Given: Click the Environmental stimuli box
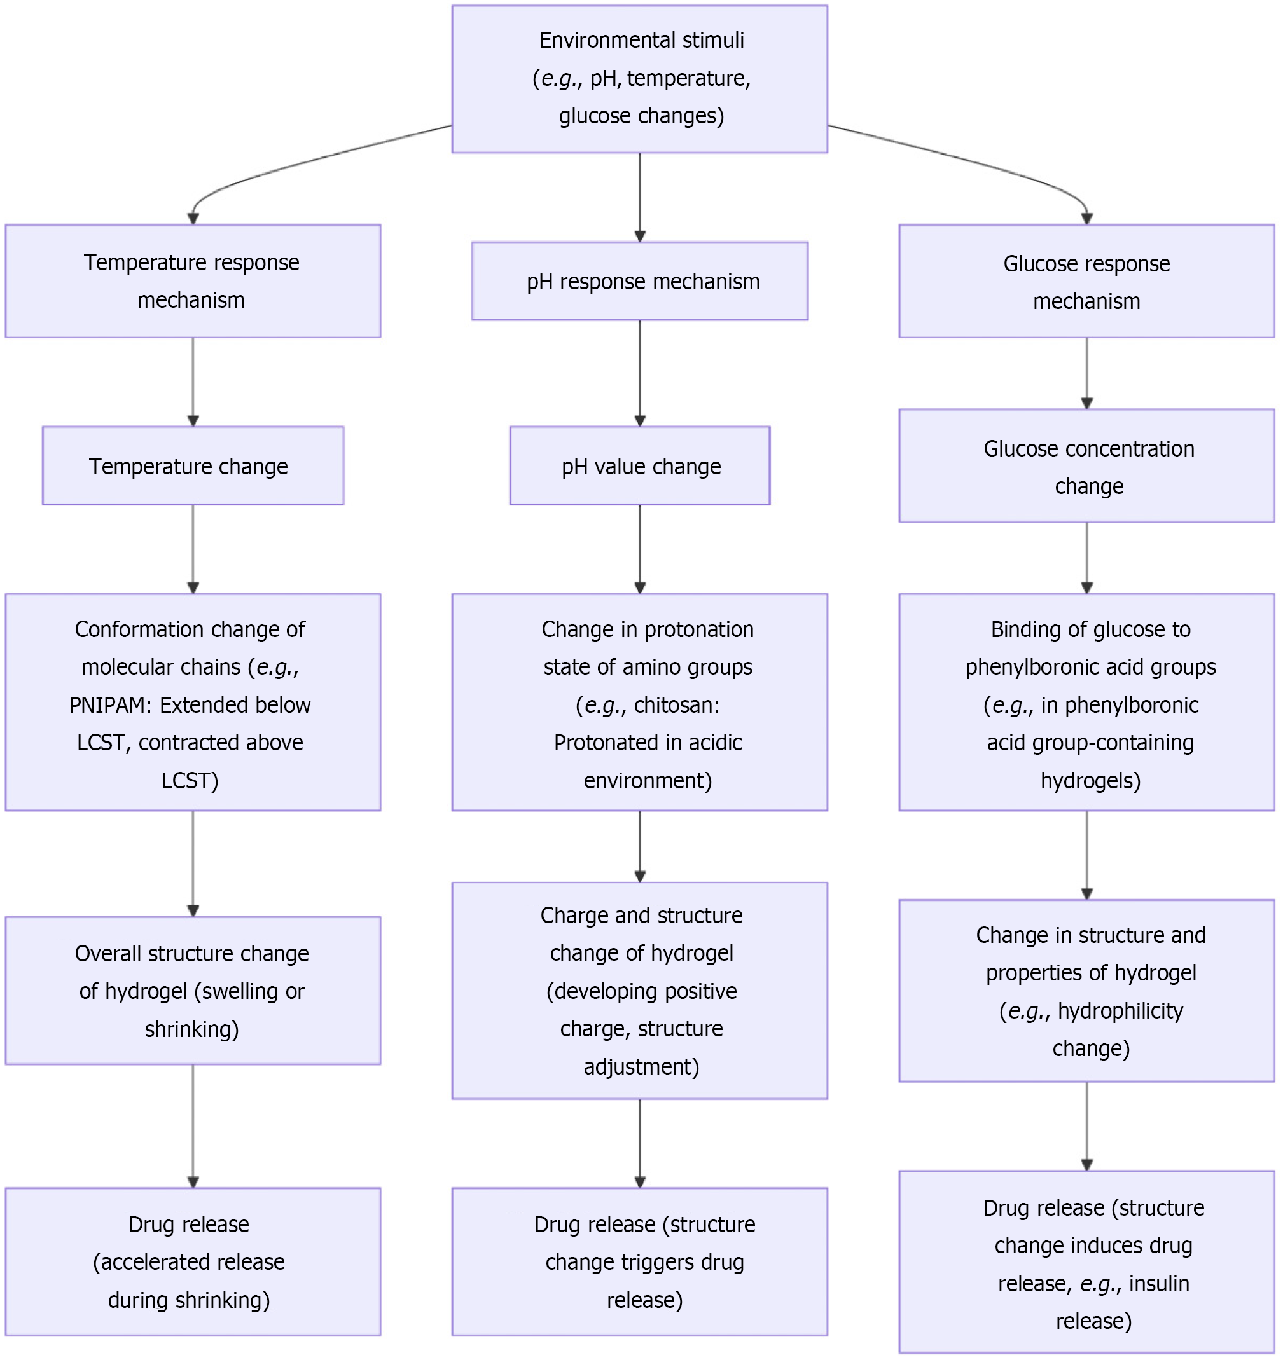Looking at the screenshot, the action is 640,79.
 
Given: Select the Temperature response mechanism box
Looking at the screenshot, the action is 193,281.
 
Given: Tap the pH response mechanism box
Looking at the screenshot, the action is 640,281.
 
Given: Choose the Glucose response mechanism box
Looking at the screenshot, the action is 1086,281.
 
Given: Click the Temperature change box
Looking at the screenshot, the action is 193,466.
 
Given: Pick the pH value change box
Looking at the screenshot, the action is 640,466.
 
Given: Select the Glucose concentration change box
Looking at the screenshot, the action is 1086,466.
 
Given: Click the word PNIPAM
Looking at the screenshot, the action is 110,705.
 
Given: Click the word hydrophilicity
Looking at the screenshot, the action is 1121,1011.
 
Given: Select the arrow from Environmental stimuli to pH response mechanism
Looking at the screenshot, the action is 640,197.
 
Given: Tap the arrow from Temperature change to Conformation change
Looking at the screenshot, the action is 193,549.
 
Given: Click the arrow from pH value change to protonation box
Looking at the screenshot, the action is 640,549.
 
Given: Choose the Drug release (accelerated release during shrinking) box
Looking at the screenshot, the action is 193,1261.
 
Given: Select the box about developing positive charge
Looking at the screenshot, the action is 640,991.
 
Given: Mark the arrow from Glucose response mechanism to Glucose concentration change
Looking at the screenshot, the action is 1086,373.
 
